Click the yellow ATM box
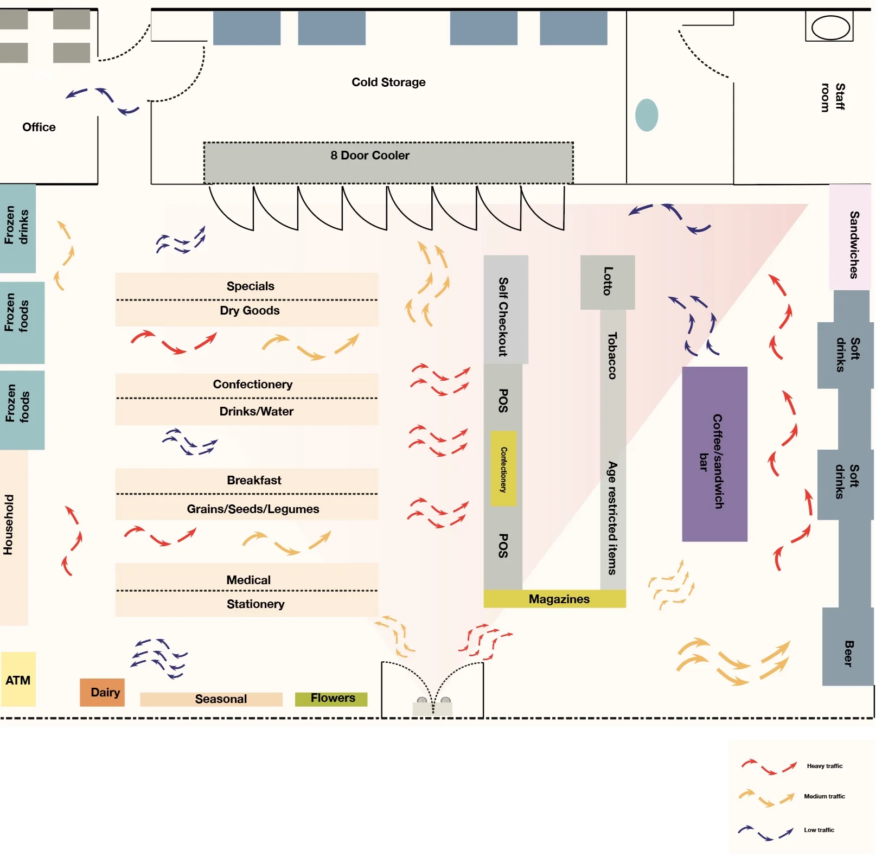[x=18, y=679]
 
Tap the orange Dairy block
[x=103, y=692]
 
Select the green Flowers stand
[x=331, y=699]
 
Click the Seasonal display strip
[x=211, y=699]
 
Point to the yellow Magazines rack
[x=554, y=599]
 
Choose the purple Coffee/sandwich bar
[x=714, y=454]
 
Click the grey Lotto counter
[x=608, y=282]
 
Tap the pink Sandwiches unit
[x=850, y=237]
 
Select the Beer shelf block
[x=848, y=647]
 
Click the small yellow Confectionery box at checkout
[x=503, y=469]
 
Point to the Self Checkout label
[x=503, y=317]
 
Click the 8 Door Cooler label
[x=370, y=156]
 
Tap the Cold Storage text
[x=388, y=82]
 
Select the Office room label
[x=39, y=127]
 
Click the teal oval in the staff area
[x=647, y=115]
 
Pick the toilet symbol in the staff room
[x=830, y=28]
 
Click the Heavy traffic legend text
[x=825, y=766]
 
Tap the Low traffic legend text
[x=819, y=830]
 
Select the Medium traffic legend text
[x=825, y=796]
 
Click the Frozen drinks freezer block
[x=17, y=228]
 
